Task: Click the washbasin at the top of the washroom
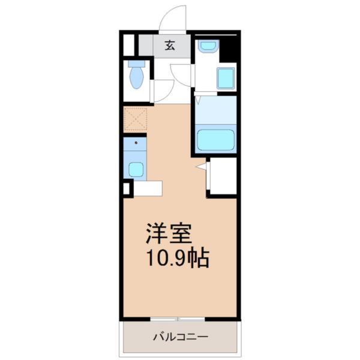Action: click(x=208, y=46)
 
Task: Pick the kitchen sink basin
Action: click(x=136, y=169)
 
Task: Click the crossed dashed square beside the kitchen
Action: click(x=135, y=119)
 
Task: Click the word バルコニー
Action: click(x=180, y=337)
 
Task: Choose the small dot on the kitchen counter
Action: click(x=136, y=144)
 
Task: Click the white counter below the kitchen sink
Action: click(x=147, y=187)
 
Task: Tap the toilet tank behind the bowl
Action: click(x=137, y=63)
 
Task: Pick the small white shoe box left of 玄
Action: click(x=128, y=45)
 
